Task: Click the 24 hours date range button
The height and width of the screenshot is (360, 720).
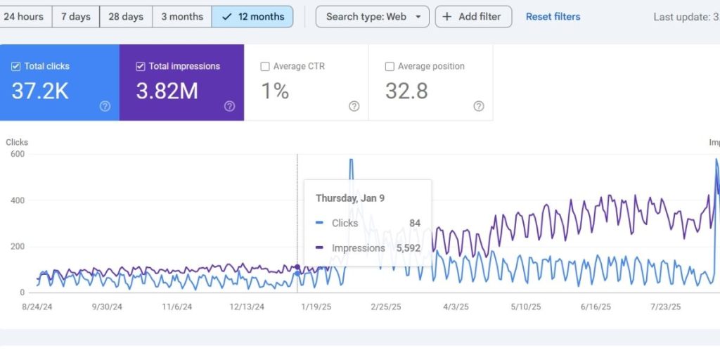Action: point(24,16)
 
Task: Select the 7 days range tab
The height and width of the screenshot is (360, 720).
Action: point(75,16)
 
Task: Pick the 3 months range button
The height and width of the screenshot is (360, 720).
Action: point(182,16)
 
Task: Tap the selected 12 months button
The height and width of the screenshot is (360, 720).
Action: point(252,16)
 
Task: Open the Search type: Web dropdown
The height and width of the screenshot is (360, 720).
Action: point(372,16)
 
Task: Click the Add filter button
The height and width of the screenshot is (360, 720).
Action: point(473,16)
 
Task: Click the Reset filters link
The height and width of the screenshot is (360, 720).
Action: point(553,16)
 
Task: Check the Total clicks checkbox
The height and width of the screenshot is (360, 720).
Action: point(16,66)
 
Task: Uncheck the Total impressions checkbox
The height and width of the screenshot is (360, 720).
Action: point(141,66)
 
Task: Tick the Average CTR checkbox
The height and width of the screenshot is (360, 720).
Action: point(265,66)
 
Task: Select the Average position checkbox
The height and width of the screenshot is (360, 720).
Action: point(390,66)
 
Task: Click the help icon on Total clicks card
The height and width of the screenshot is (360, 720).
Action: point(105,106)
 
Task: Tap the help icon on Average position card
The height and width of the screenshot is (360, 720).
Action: point(478,106)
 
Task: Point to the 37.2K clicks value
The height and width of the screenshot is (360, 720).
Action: point(40,91)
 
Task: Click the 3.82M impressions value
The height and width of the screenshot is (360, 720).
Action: point(167,91)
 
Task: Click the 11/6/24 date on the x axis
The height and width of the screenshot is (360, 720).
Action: point(178,307)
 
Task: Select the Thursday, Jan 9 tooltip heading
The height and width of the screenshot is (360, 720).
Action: point(349,198)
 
